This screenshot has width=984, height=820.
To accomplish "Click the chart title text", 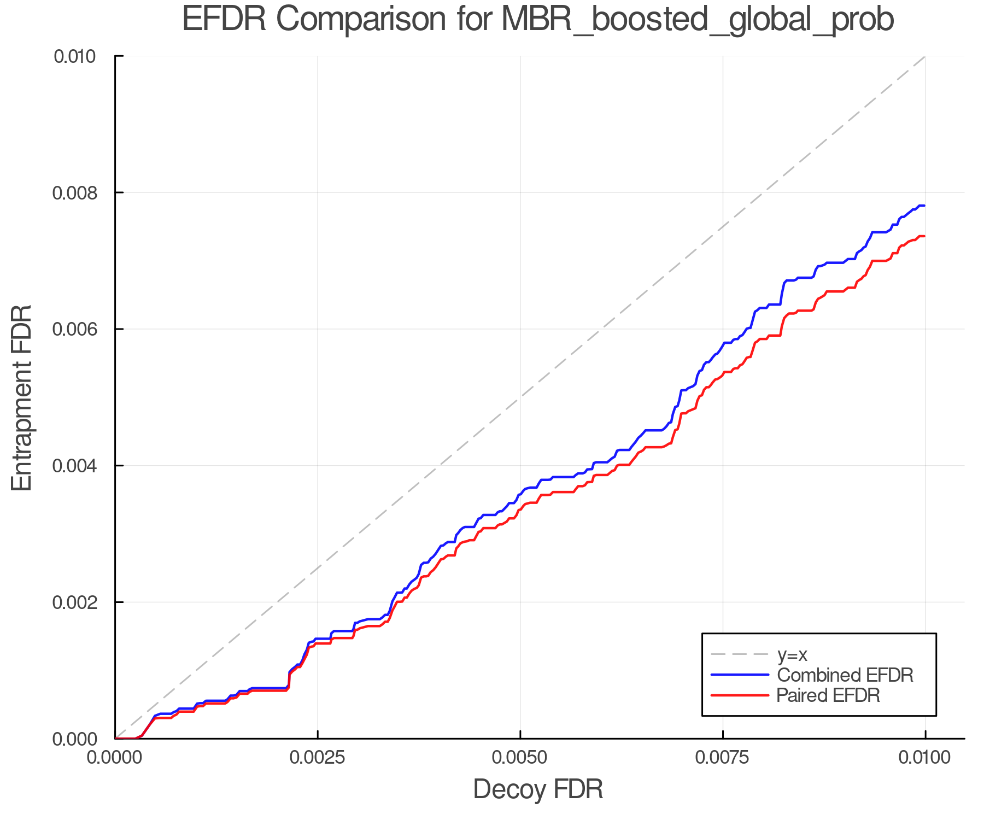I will pyautogui.click(x=538, y=20).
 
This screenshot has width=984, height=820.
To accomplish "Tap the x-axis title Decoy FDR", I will pyautogui.click(x=538, y=789).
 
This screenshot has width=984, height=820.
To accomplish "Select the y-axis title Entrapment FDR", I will pyautogui.click(x=22, y=397).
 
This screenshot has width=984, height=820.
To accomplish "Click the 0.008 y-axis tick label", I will pyautogui.click(x=80, y=192).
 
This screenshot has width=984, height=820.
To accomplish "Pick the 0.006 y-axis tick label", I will pyautogui.click(x=80, y=329).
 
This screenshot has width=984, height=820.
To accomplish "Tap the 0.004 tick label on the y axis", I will pyautogui.click(x=80, y=466).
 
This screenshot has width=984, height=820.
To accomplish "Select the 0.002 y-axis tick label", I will pyautogui.click(x=80, y=602).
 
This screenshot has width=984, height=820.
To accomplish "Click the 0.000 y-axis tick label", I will pyautogui.click(x=80, y=739).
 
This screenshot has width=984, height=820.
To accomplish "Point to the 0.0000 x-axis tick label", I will pyautogui.click(x=115, y=758).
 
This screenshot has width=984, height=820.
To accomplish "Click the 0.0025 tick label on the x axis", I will pyautogui.click(x=318, y=758).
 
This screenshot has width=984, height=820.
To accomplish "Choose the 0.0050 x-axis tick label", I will pyautogui.click(x=520, y=758).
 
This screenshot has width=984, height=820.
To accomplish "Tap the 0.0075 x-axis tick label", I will pyautogui.click(x=723, y=758).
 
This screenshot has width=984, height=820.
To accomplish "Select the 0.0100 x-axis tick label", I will pyautogui.click(x=925, y=758).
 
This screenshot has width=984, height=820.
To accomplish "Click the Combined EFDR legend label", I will pyautogui.click(x=845, y=675).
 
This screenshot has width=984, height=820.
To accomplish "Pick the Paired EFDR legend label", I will pyautogui.click(x=828, y=695).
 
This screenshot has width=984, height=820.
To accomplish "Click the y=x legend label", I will pyautogui.click(x=792, y=654).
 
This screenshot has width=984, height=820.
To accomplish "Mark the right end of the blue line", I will pyautogui.click(x=924, y=206).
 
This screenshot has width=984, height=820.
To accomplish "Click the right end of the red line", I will pyautogui.click(x=924, y=236).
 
